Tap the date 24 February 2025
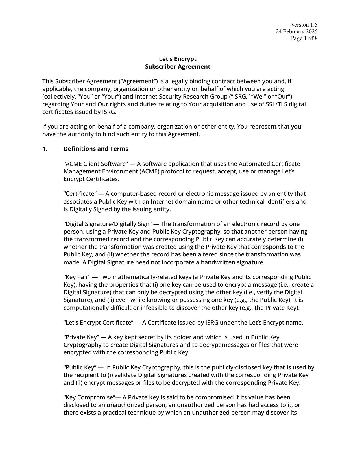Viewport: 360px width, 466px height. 296,31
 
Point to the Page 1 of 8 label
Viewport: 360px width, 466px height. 304,38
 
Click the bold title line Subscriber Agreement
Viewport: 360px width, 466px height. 178,67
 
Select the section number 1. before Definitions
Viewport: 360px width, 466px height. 45,149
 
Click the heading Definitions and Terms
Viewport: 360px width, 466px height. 96,149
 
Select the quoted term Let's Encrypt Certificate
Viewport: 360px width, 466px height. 98,323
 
